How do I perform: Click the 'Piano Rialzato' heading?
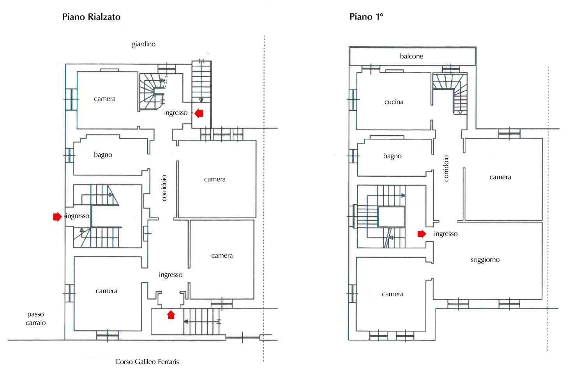coord(91,17)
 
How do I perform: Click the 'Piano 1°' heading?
coord(366,17)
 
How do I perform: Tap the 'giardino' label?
coord(143,44)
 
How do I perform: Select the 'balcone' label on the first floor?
coord(411,56)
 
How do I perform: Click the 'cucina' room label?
coord(394,102)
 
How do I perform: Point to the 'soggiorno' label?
coord(485,260)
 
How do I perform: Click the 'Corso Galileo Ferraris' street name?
coord(147,362)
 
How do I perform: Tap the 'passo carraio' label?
coord(36,318)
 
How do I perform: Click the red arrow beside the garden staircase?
coord(199,113)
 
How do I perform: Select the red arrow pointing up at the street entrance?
coord(171,314)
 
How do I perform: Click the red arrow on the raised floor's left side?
coord(57,216)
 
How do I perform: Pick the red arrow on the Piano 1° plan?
coord(422,234)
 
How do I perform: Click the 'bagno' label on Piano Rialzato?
coord(103,155)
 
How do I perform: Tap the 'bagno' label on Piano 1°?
coord(392,156)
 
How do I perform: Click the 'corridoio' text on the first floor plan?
coord(446,168)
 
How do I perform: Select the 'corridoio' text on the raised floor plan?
coord(164,188)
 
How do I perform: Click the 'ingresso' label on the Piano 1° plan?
coord(445,234)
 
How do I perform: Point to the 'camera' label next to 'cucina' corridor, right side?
coord(500,177)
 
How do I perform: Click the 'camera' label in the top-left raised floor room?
coord(104,99)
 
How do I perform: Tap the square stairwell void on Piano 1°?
coord(391,217)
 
